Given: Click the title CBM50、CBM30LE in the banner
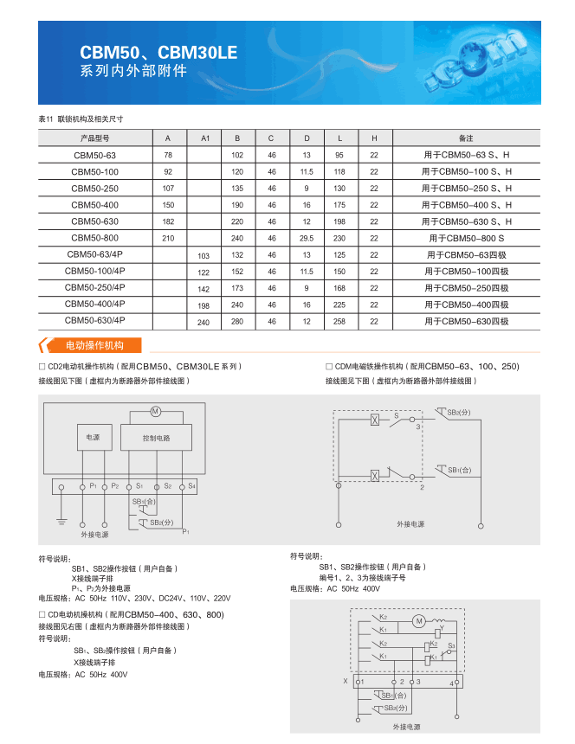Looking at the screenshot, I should (158, 53).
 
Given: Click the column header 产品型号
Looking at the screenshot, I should (95, 138).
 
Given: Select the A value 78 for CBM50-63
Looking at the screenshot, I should (168, 155).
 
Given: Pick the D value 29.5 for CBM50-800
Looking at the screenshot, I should (307, 238).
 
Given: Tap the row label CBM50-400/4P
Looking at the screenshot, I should (95, 304).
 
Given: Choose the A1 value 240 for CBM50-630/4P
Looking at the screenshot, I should (204, 322).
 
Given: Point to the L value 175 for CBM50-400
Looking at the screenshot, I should (340, 205).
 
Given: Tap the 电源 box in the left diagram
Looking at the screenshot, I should (94, 438).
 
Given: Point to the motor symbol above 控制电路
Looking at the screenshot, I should (157, 410).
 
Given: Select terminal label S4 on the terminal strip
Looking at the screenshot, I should (191, 486).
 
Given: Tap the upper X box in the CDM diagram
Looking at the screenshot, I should (375, 420).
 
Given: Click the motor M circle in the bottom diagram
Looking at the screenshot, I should (418, 621).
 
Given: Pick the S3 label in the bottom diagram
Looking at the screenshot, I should (451, 645).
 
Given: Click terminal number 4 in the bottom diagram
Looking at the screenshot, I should (451, 683).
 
